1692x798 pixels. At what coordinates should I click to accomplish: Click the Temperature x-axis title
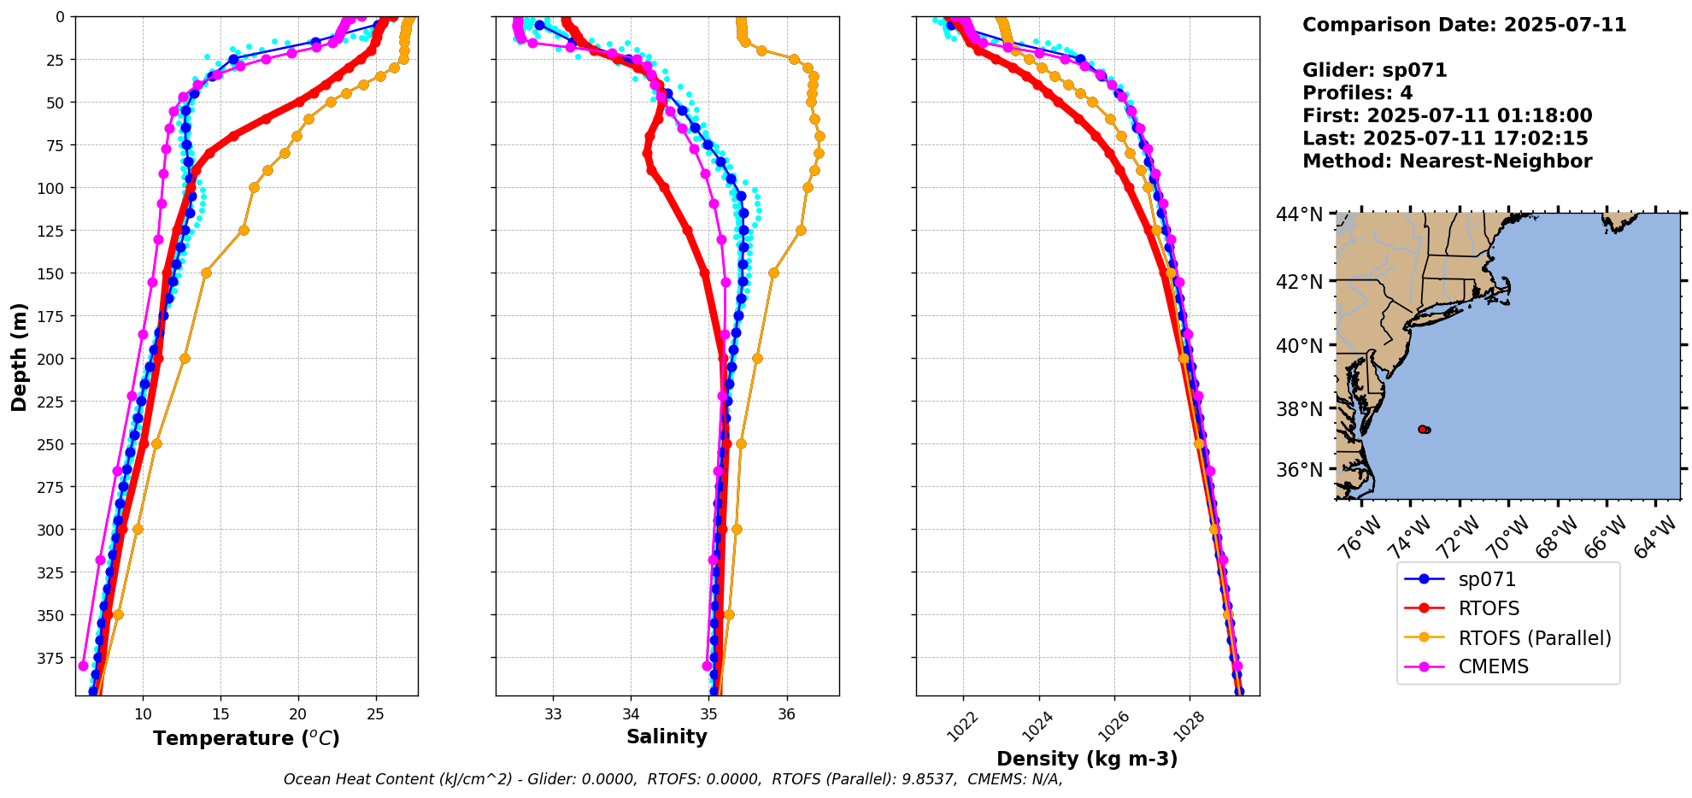(x=246, y=738)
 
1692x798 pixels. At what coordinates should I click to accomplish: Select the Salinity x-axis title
(x=667, y=736)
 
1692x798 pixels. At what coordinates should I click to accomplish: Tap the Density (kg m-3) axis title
(x=1087, y=759)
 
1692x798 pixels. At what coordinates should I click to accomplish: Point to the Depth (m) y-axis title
(x=19, y=356)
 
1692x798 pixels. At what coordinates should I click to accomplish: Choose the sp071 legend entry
(x=1487, y=579)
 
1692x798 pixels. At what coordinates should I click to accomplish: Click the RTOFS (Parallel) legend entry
(x=1534, y=638)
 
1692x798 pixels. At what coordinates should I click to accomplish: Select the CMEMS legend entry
(x=1493, y=666)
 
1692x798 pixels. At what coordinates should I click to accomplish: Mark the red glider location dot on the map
(x=1422, y=429)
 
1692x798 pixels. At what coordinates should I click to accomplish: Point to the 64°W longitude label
(x=1654, y=540)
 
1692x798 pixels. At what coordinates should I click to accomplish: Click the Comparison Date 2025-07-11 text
(x=1464, y=25)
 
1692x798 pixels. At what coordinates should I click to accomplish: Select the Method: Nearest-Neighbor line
(x=1447, y=161)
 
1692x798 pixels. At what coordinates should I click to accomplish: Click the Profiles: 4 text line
(x=1357, y=93)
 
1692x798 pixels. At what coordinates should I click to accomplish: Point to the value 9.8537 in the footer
(x=928, y=779)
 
